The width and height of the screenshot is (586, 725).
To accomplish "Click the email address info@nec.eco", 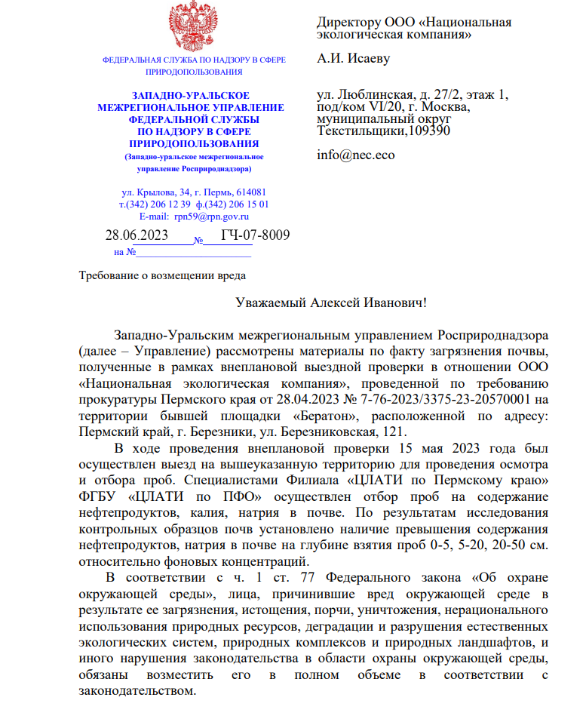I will click(x=355, y=156).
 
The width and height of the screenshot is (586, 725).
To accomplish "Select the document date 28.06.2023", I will click(x=137, y=235).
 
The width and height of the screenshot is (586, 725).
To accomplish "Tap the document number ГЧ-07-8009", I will click(x=255, y=235).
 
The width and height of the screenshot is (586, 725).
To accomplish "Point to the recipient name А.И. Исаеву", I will click(x=354, y=59).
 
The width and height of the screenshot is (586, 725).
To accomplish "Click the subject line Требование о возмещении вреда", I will click(x=162, y=275).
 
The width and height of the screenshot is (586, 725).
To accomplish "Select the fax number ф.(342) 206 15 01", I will click(x=232, y=204).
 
